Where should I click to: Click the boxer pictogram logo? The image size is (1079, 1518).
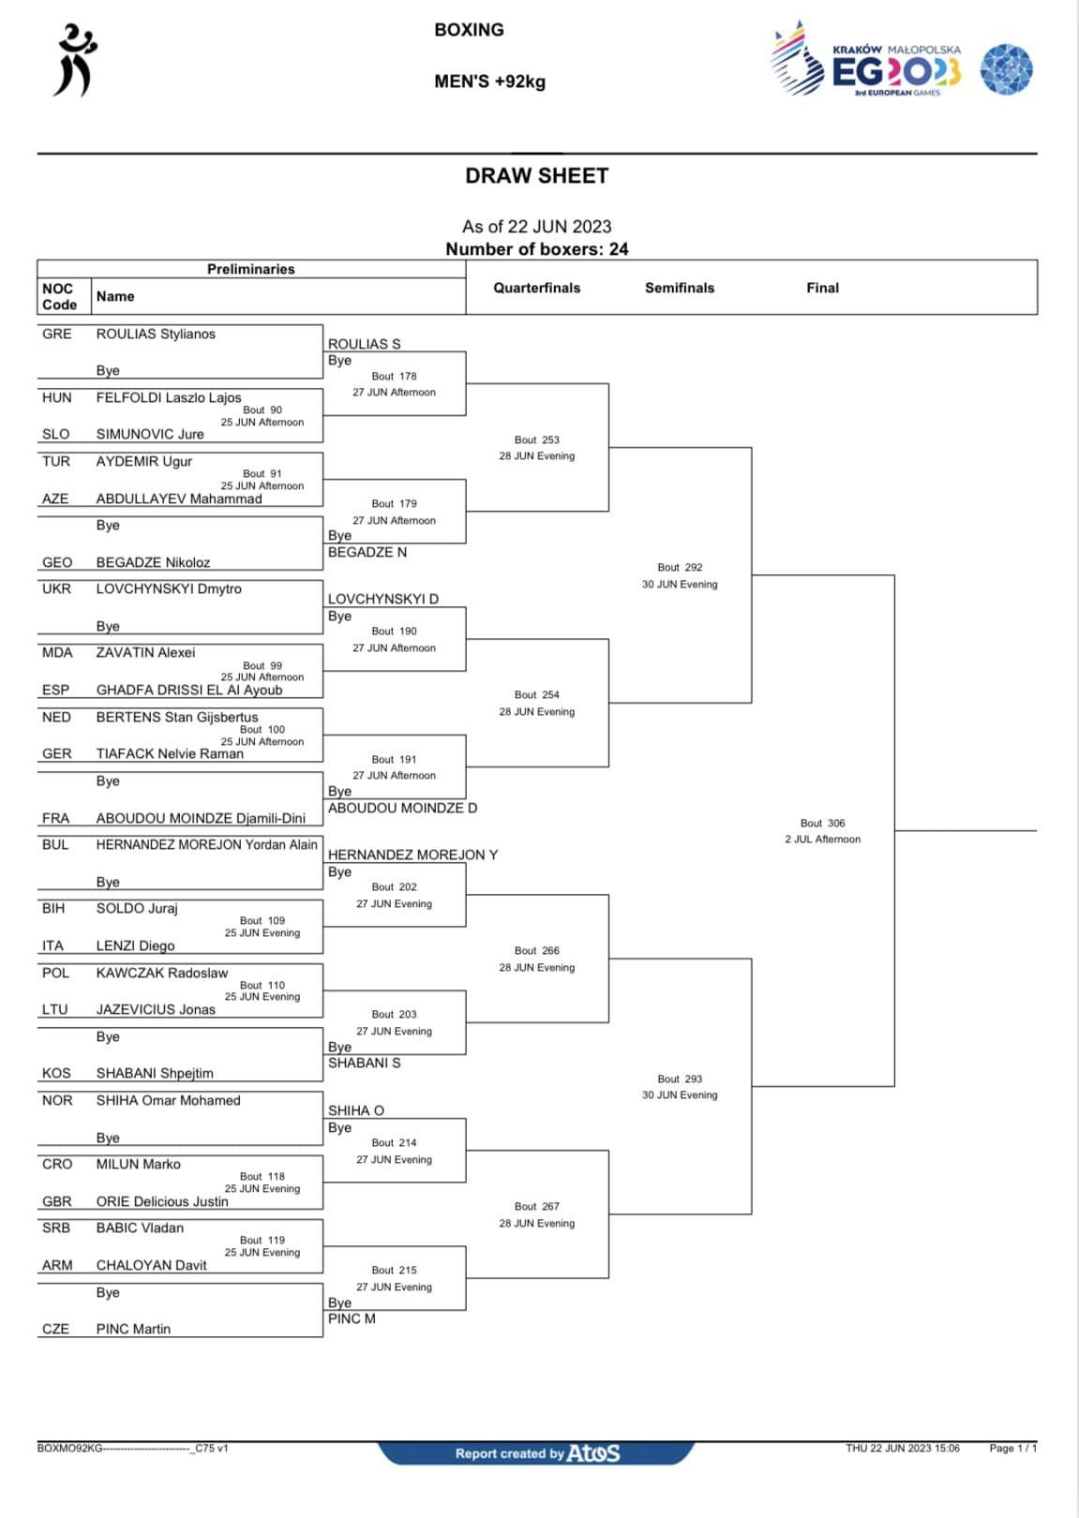(x=75, y=60)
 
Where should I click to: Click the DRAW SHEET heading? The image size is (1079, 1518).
(x=537, y=176)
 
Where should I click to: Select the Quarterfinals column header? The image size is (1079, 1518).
(x=537, y=288)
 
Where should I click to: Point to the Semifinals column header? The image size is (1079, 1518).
(x=680, y=288)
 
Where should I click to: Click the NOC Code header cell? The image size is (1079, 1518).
(x=60, y=297)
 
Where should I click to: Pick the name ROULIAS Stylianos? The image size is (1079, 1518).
(x=156, y=335)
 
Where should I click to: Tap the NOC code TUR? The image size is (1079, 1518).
(x=56, y=462)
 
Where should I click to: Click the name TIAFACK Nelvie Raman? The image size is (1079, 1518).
(x=170, y=754)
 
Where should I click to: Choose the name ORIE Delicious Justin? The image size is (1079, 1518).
(x=163, y=1201)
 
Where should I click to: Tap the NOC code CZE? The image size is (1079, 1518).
(x=55, y=1329)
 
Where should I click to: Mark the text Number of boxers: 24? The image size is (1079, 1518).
(x=537, y=249)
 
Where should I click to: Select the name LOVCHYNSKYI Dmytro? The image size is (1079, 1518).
(x=169, y=588)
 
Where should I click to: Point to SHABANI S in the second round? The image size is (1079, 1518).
(x=365, y=1064)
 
